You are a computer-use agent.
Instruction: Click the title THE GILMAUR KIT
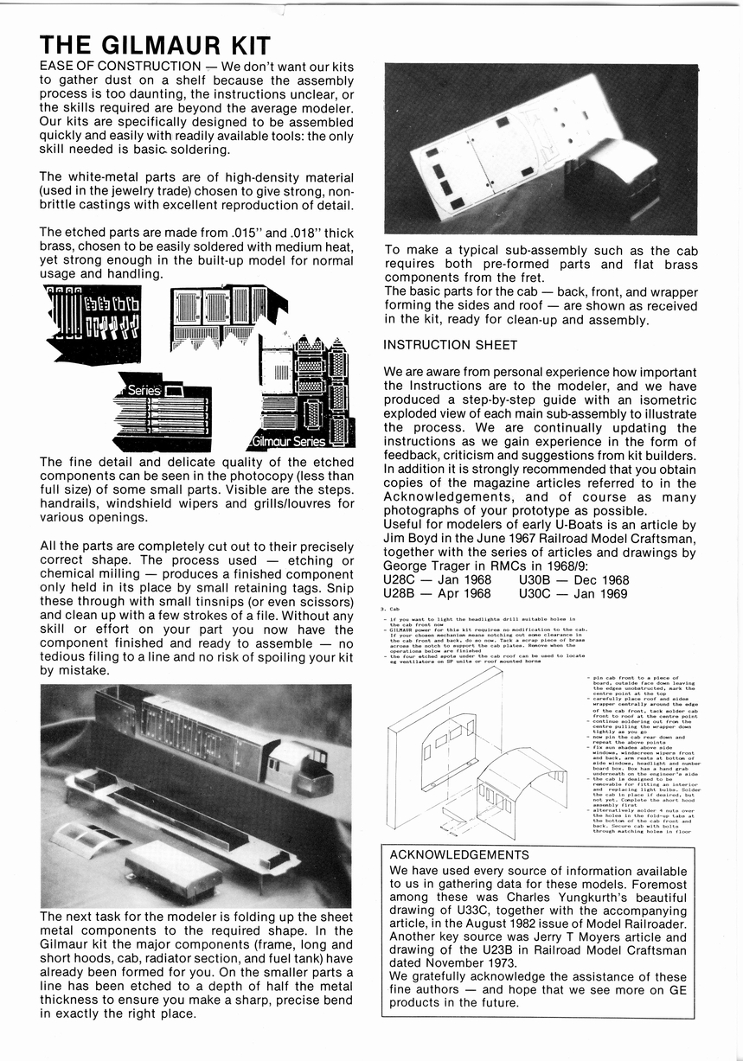(x=156, y=46)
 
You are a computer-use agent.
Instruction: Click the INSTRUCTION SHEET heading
(x=450, y=345)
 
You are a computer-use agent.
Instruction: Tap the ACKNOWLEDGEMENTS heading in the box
(x=459, y=854)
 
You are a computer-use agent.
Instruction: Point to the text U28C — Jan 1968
(x=437, y=579)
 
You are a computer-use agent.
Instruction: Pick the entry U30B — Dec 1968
(x=574, y=579)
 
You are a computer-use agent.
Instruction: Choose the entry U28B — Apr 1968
(x=437, y=593)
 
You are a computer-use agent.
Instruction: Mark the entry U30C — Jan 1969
(x=574, y=593)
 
